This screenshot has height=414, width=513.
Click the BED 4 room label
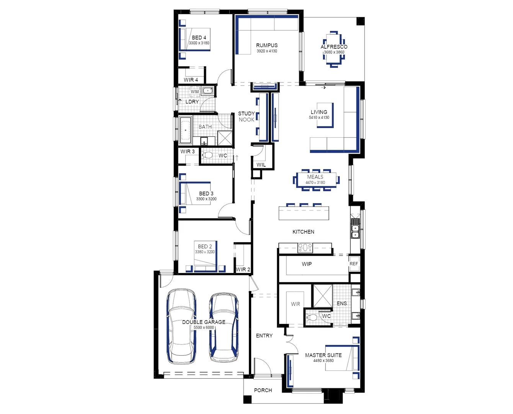coord(199,38)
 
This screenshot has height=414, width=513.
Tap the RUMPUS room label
coord(267,45)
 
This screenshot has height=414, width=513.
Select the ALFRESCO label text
coord(334,47)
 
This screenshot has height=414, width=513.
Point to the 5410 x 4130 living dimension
coord(319,118)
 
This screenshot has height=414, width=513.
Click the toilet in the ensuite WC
coord(312,317)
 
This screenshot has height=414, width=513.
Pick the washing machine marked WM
coord(195,92)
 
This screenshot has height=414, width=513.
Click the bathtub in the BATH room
coord(186,130)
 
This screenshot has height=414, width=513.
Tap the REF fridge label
coord(354,264)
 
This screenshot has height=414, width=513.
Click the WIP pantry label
coord(307,264)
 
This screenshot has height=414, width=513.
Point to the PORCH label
coord(263,390)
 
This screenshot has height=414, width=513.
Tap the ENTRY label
coord(264,335)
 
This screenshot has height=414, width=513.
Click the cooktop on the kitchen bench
coord(305,248)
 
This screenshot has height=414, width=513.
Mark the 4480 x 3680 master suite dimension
coord(323,361)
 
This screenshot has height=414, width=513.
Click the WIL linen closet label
coord(261,165)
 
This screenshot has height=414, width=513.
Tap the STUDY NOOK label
coord(246,117)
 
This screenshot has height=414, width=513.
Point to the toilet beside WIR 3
coord(208,155)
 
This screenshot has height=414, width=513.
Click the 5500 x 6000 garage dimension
coord(204,328)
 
